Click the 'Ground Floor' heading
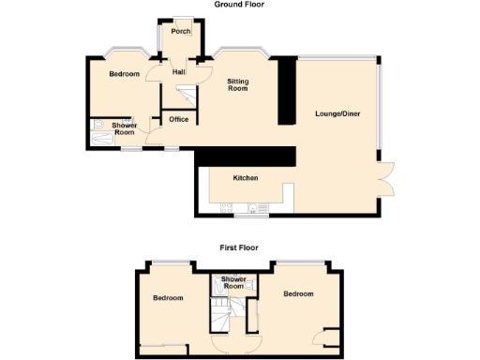coord(240,5)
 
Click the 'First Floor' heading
coord(239,248)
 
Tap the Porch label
coord(180,32)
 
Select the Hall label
coord(178,71)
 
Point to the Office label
coord(179,119)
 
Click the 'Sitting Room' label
coord(238,83)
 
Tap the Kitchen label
coord(246,178)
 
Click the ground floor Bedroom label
coord(124,74)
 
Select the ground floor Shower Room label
coord(124,129)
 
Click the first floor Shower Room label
coord(233,283)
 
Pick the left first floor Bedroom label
coord(168,297)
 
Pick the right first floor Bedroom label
coord(298,294)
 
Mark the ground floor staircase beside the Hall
coord(184,94)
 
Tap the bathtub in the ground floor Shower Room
coord(101,133)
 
